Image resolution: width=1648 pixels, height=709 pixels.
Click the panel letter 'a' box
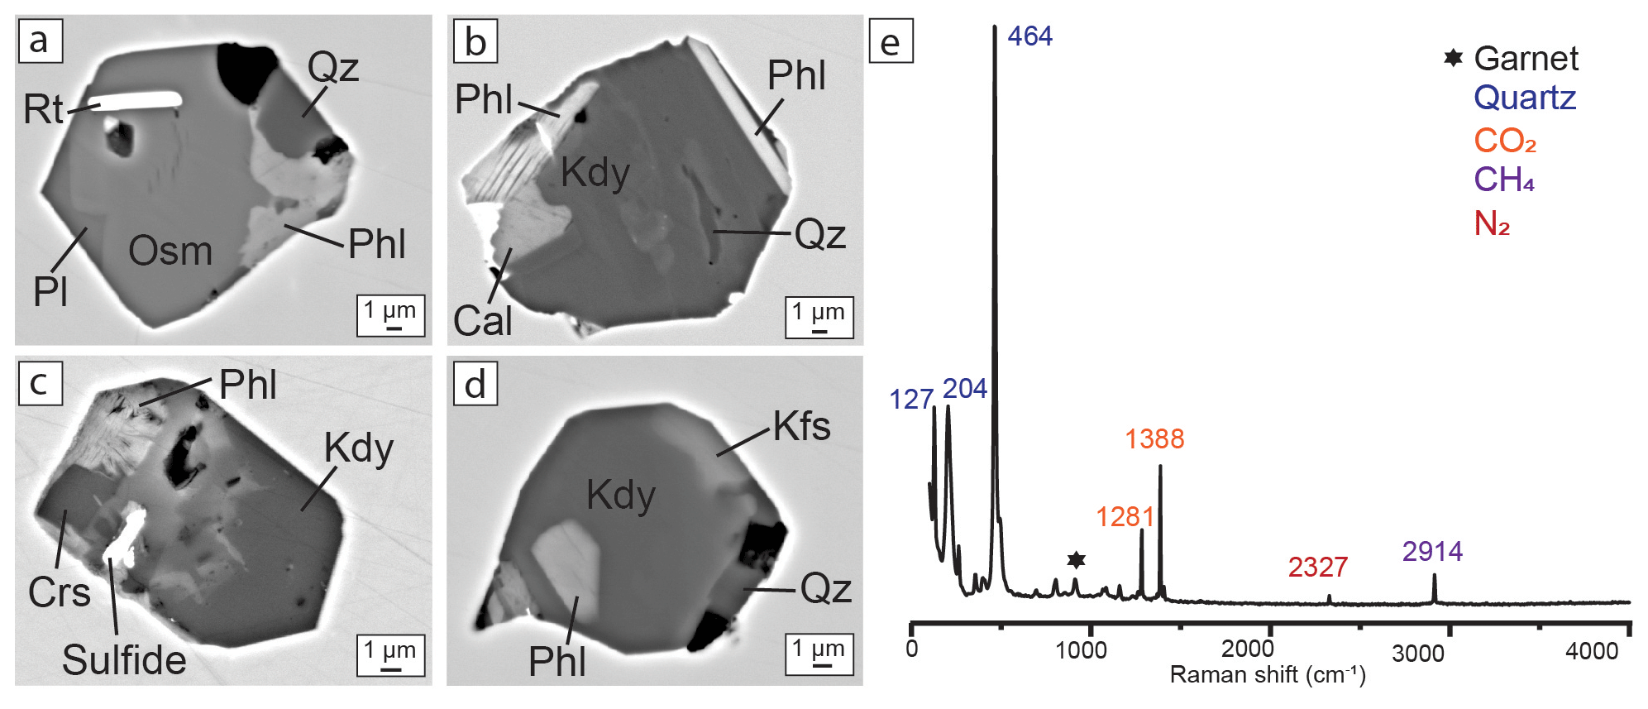[40, 41]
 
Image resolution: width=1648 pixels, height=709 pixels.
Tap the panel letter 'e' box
[891, 41]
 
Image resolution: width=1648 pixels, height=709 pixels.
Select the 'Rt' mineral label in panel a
[43, 109]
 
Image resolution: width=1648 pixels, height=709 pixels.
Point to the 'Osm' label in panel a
[170, 251]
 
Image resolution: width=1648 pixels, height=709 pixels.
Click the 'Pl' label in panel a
[50, 291]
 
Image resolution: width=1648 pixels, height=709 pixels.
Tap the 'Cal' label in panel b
[483, 321]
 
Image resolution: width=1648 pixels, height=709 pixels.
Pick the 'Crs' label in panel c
[59, 592]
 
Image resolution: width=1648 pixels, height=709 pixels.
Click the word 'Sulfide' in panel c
[124, 660]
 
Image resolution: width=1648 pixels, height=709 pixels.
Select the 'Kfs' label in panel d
[801, 427]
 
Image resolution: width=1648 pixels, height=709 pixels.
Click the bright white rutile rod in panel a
[136, 102]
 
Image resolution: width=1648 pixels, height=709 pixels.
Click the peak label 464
[1029, 36]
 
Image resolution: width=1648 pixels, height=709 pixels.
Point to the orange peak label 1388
[1154, 439]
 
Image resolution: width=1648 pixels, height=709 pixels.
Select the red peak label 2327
[1318, 568]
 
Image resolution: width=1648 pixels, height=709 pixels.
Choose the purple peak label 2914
[1432, 552]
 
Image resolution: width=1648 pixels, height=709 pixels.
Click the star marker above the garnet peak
[1076, 561]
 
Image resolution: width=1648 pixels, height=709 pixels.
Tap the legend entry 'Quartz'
[1525, 98]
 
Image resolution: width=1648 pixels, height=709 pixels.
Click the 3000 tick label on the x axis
[1418, 654]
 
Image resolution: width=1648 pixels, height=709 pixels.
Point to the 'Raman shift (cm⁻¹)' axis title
[1267, 675]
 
